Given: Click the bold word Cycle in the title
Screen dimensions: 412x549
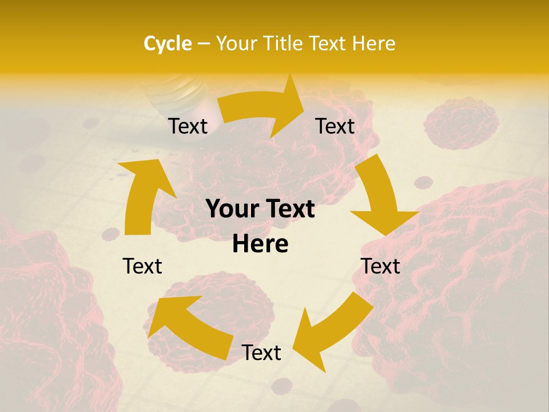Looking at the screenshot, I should click(x=168, y=43).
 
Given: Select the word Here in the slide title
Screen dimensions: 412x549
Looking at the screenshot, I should click(x=375, y=43).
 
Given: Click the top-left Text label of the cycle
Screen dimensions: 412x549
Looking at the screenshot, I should click(x=188, y=126).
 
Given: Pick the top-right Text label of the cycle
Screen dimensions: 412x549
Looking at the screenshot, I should click(x=335, y=126).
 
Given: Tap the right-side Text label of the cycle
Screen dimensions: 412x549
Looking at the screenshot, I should click(x=380, y=266).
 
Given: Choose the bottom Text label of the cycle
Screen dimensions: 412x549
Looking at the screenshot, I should click(x=261, y=352).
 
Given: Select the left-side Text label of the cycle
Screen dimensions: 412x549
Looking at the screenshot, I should click(x=142, y=266).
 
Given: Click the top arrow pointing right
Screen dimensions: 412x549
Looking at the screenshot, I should click(x=263, y=109).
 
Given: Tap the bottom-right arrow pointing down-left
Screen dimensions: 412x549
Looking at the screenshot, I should click(x=332, y=332).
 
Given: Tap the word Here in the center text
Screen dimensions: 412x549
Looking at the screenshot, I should click(x=260, y=244).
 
